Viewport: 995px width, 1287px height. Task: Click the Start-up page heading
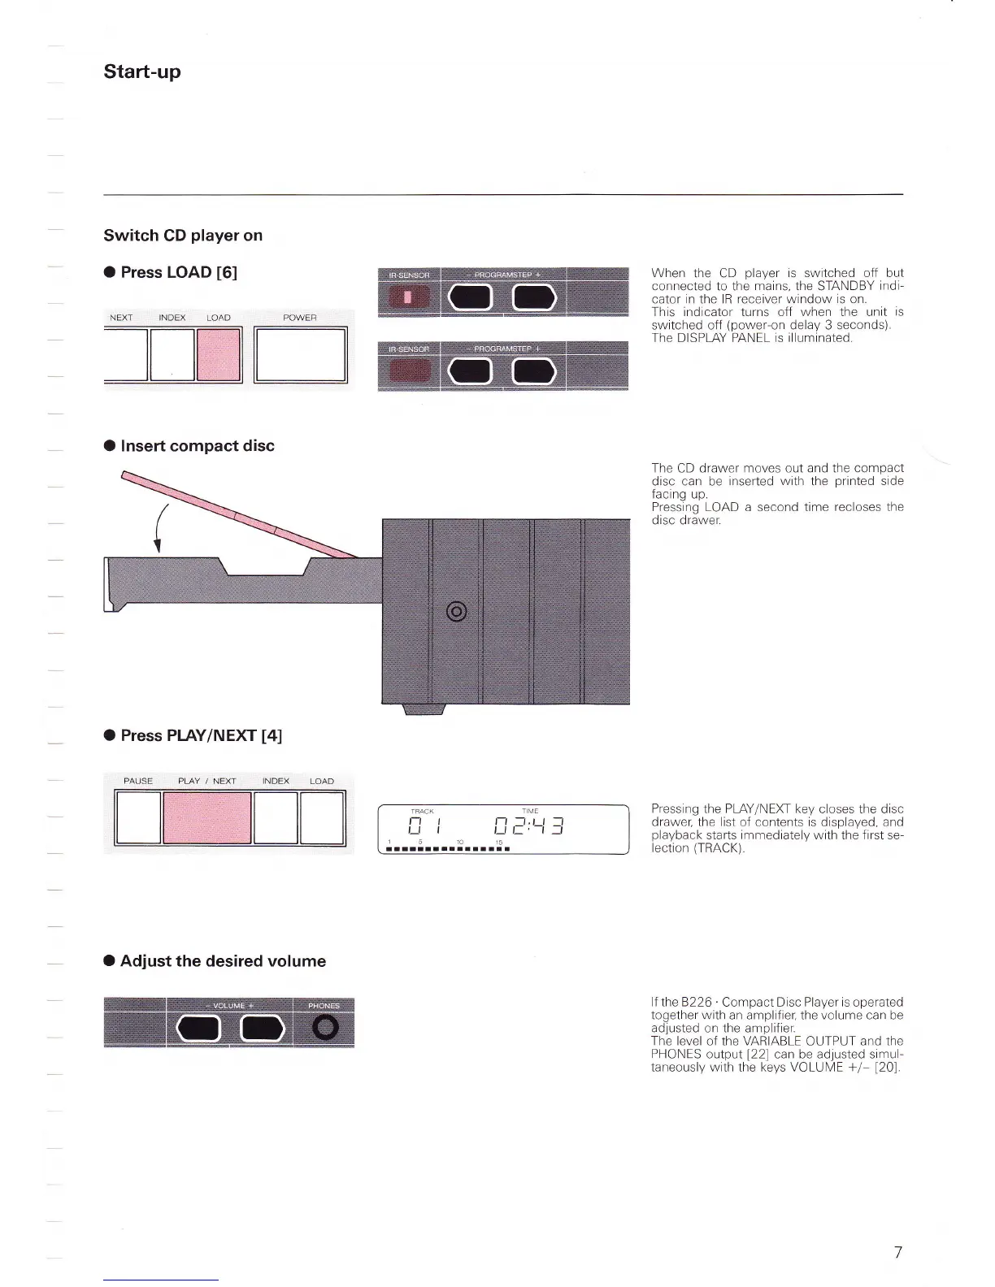[142, 71]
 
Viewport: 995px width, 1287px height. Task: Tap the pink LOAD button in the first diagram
[219, 354]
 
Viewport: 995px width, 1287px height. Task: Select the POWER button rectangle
[300, 354]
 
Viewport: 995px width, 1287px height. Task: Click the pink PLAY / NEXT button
[207, 818]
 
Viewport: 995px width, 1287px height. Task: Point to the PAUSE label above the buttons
[138, 781]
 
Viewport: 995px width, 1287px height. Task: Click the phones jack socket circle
[324, 1029]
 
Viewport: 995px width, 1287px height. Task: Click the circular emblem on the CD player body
[457, 611]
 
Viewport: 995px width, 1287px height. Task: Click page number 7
[897, 1252]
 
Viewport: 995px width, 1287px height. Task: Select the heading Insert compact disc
[198, 446]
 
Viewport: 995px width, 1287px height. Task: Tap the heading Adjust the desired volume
[223, 961]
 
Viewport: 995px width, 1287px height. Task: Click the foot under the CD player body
[424, 710]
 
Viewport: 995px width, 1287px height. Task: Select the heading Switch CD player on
[183, 236]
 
